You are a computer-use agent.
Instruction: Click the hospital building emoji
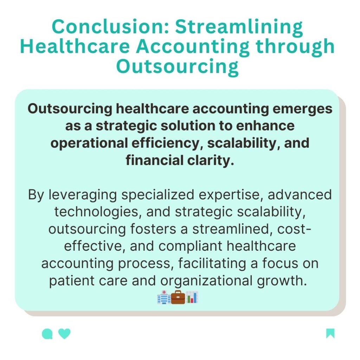click(163, 298)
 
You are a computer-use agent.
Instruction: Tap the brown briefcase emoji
click(178, 298)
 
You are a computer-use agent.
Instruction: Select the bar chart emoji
click(192, 298)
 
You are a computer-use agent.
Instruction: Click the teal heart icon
click(64, 333)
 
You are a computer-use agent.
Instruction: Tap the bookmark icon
click(330, 333)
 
